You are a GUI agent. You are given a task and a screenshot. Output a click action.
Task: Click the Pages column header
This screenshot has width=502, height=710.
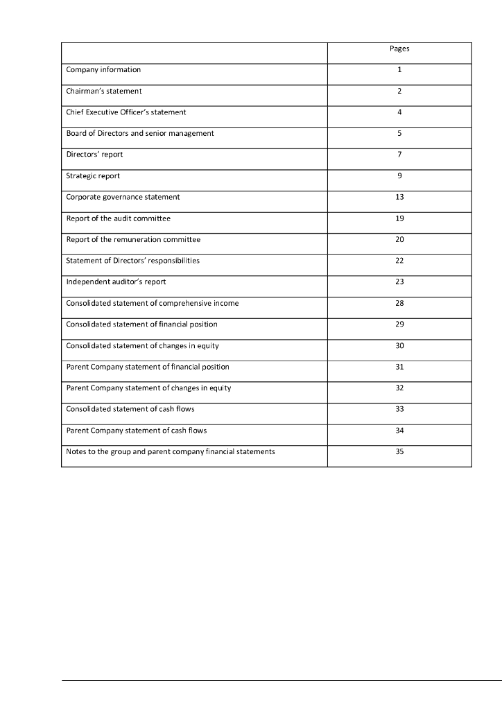pyautogui.click(x=399, y=49)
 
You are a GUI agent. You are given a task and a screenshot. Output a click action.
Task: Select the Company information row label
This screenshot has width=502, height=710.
pyautogui.click(x=103, y=69)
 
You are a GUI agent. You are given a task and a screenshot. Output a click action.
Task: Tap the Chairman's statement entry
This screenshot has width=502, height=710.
pyautogui.click(x=104, y=91)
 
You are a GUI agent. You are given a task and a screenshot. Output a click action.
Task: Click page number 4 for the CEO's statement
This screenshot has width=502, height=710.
pyautogui.click(x=399, y=112)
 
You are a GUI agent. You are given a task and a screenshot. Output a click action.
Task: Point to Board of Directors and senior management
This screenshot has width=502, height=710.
pyautogui.click(x=140, y=133)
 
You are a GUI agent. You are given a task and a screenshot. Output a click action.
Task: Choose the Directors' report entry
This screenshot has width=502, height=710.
pyautogui.click(x=94, y=154)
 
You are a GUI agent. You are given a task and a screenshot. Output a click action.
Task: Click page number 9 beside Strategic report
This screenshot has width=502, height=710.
pyautogui.click(x=399, y=175)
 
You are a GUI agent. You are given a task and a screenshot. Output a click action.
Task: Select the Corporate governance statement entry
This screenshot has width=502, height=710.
pyautogui.click(x=123, y=197)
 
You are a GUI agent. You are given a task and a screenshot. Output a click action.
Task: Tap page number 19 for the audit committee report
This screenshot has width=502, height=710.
pyautogui.click(x=399, y=218)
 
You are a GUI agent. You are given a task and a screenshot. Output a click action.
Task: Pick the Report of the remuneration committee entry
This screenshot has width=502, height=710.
pyautogui.click(x=133, y=239)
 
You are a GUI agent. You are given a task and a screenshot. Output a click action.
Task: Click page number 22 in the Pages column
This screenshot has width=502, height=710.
pyautogui.click(x=399, y=261)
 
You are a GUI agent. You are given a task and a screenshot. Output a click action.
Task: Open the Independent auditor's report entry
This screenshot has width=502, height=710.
pyautogui.click(x=116, y=282)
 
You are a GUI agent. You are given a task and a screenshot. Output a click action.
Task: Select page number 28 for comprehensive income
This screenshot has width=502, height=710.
pyautogui.click(x=399, y=303)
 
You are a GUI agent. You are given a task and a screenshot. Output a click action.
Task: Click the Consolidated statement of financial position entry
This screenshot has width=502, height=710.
pyautogui.click(x=141, y=324)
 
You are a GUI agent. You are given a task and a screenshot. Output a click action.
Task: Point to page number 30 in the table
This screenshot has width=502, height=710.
pyautogui.click(x=399, y=345)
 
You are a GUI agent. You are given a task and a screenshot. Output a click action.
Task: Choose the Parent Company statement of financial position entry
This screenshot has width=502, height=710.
pyautogui.click(x=148, y=367)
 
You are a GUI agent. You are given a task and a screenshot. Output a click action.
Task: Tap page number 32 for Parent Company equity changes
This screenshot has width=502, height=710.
pyautogui.click(x=399, y=388)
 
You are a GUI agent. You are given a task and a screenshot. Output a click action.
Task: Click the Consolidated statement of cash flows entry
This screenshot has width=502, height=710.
pyautogui.click(x=130, y=409)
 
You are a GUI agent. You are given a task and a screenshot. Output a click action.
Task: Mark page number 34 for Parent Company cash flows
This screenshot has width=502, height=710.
pyautogui.click(x=399, y=431)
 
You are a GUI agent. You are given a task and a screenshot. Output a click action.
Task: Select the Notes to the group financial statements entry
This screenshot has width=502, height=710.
pyautogui.click(x=171, y=451)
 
